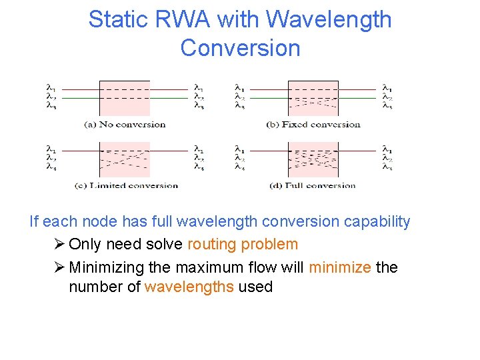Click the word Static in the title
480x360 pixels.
112,19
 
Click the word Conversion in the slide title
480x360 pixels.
240,48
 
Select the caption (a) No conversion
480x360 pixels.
125,124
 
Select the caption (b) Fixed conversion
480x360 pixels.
313,124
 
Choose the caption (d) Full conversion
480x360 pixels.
312,185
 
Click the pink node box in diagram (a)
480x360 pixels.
125,97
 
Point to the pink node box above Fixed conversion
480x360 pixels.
313,97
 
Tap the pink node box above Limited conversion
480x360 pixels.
125,159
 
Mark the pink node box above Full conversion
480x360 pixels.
313,159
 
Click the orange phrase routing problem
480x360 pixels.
243,244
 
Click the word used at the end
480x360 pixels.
255,287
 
